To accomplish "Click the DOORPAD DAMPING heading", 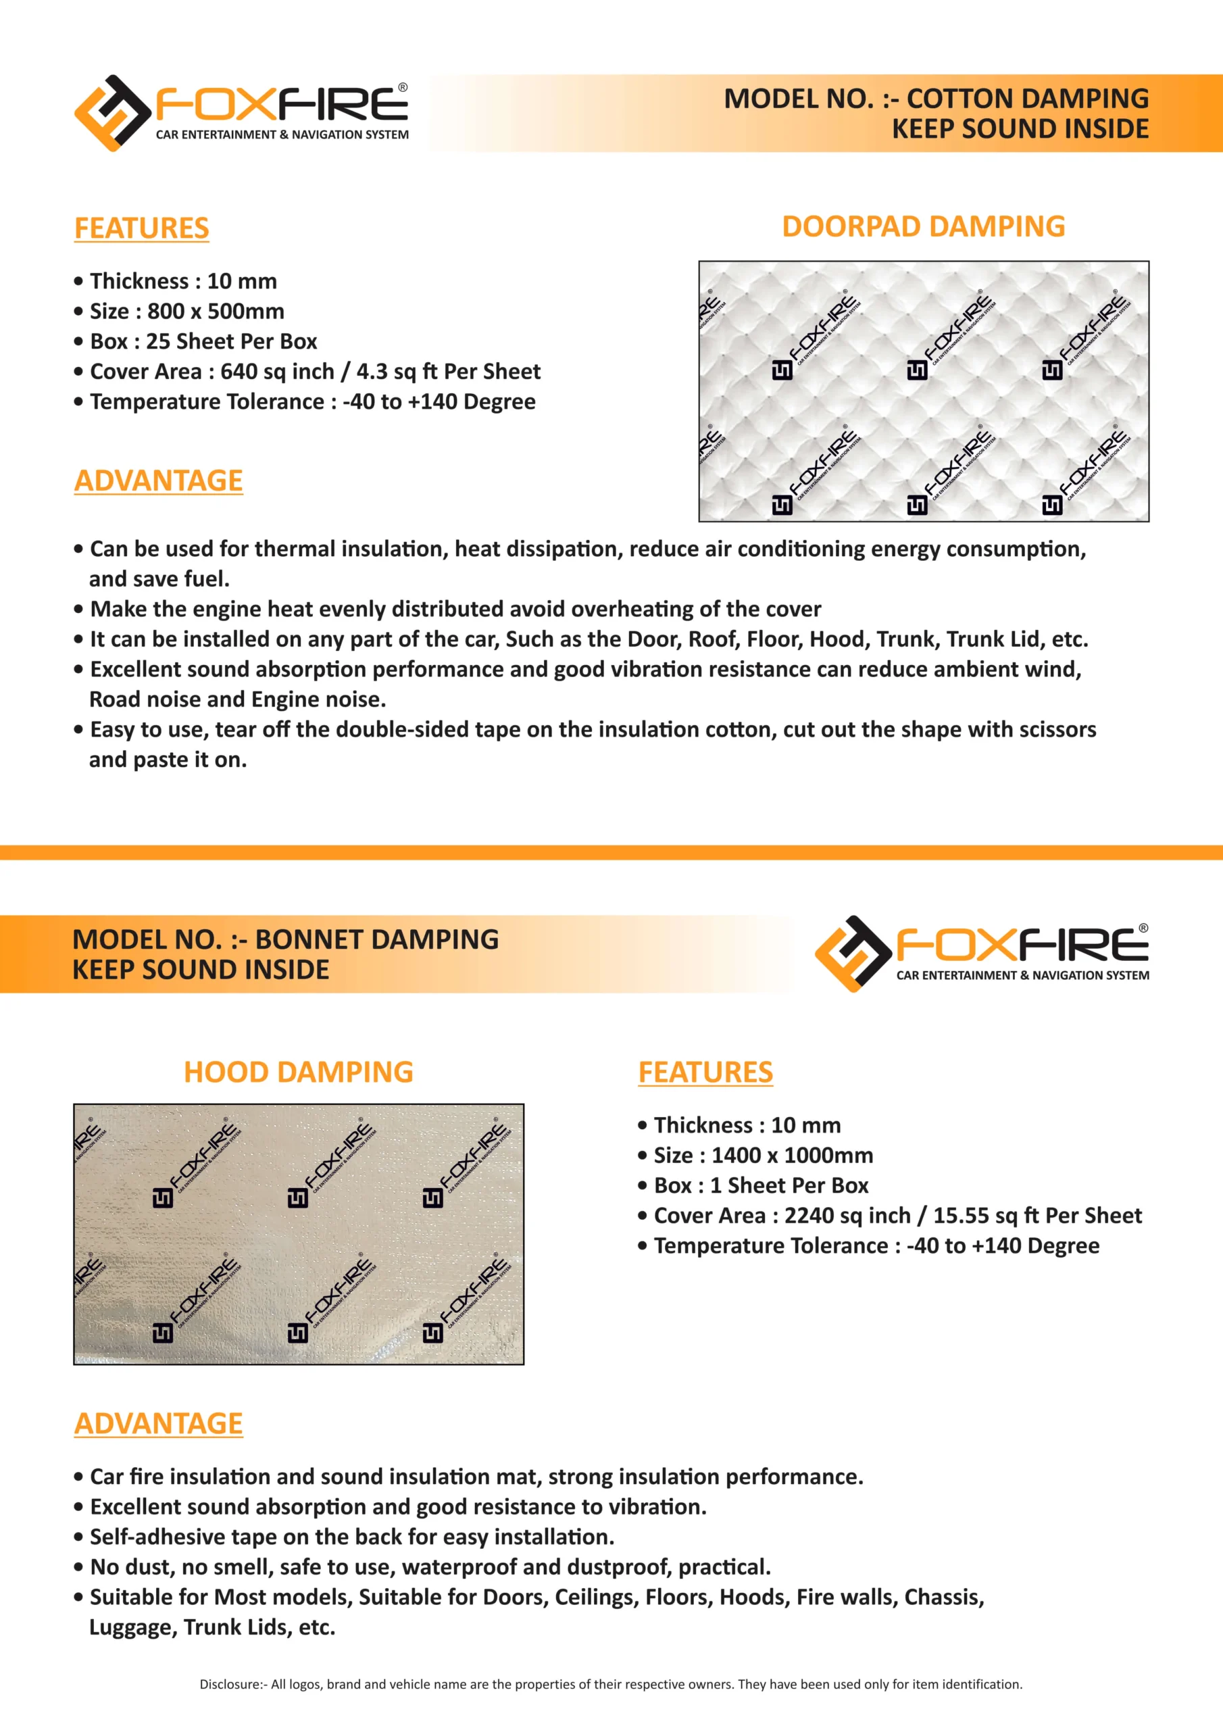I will (923, 227).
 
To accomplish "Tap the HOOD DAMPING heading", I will (299, 1072).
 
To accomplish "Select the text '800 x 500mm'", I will (216, 311).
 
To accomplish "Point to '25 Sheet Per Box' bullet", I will (231, 341).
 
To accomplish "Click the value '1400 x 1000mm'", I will (792, 1155).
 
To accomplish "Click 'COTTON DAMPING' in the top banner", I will (1028, 99).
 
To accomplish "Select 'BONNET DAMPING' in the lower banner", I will (377, 939).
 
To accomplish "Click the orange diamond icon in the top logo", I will (112, 113).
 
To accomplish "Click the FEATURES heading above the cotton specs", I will (142, 228).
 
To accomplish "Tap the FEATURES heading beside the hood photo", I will (705, 1072).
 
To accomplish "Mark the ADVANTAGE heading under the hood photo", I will (158, 1423).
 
